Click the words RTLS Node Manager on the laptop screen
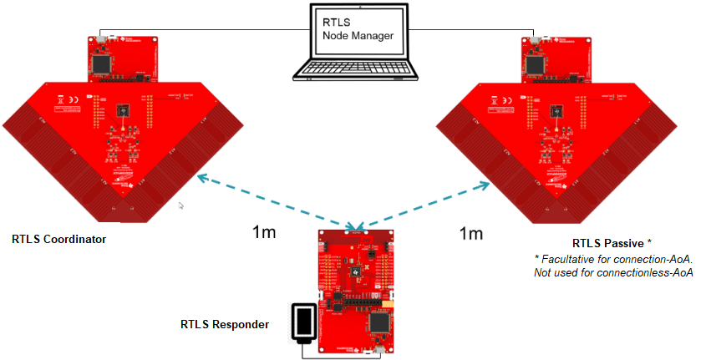[358, 29]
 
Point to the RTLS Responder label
[225, 323]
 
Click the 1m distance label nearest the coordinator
[265, 232]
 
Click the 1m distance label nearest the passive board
[470, 233]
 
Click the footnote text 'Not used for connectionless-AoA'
[614, 272]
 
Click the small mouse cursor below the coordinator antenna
[181, 205]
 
